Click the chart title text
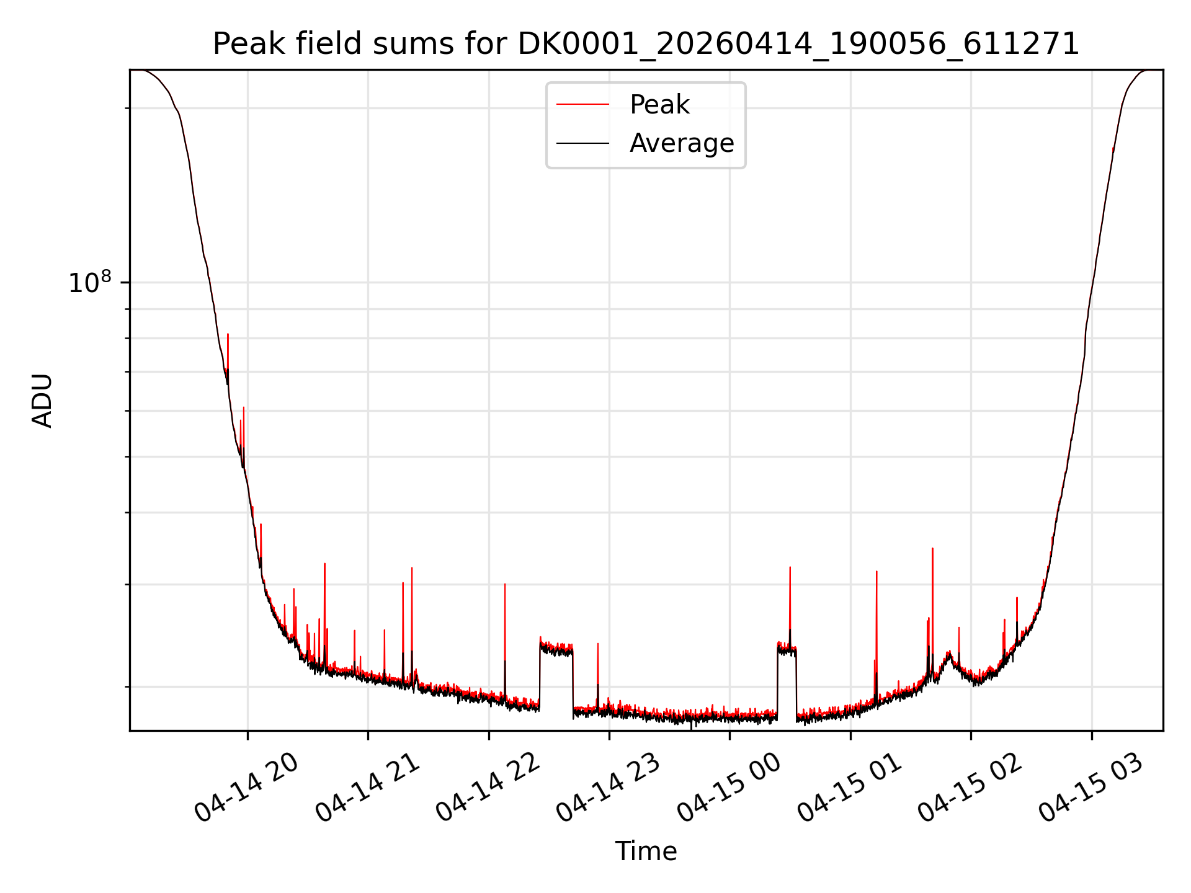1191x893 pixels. click(646, 44)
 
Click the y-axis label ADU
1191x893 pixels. click(42, 401)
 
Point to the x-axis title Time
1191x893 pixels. click(646, 851)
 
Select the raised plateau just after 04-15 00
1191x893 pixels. click(787, 649)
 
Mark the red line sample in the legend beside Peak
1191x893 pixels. click(582, 104)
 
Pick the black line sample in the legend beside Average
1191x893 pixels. click(582, 143)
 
